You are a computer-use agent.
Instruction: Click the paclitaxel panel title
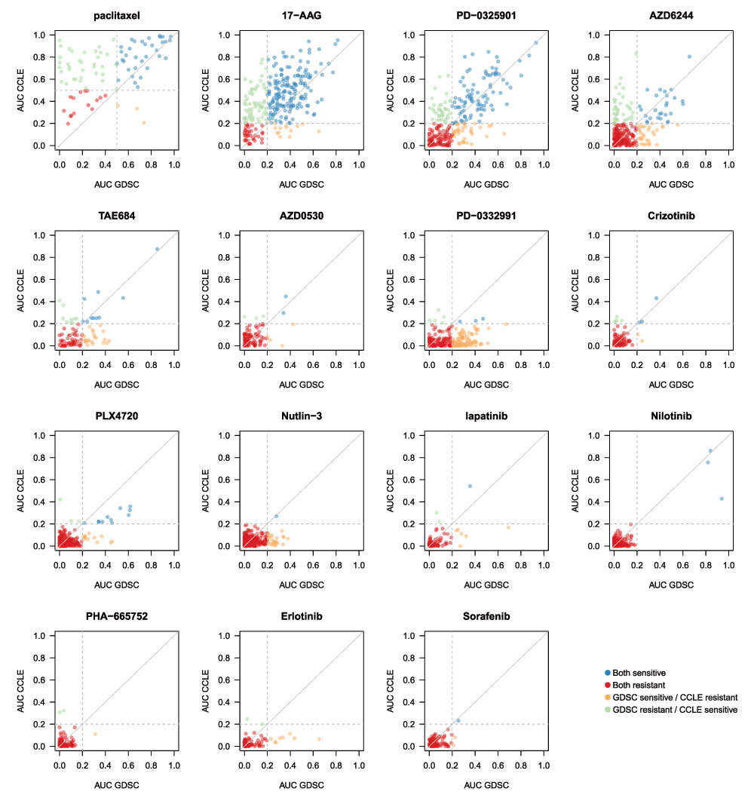(x=116, y=16)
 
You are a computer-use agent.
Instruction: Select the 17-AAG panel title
(x=301, y=16)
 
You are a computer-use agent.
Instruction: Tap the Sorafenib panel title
(x=486, y=616)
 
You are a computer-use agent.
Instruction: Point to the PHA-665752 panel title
(x=116, y=616)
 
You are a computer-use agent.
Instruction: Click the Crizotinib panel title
(x=670, y=216)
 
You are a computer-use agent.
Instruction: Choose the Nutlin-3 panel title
(x=301, y=416)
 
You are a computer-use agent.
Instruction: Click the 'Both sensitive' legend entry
(x=639, y=672)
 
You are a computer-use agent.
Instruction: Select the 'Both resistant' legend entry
(x=639, y=685)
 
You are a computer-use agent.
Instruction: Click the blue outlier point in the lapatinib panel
(x=470, y=486)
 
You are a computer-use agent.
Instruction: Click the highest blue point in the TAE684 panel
(x=157, y=249)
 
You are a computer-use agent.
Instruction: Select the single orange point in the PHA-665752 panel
(x=95, y=734)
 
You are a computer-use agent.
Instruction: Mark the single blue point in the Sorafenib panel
(x=458, y=720)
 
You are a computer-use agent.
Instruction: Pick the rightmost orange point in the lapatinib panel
(x=508, y=527)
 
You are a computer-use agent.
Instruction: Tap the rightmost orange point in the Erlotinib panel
(x=319, y=739)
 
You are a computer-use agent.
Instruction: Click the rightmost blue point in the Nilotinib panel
(x=722, y=499)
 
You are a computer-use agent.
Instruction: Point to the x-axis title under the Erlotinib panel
(x=301, y=785)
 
